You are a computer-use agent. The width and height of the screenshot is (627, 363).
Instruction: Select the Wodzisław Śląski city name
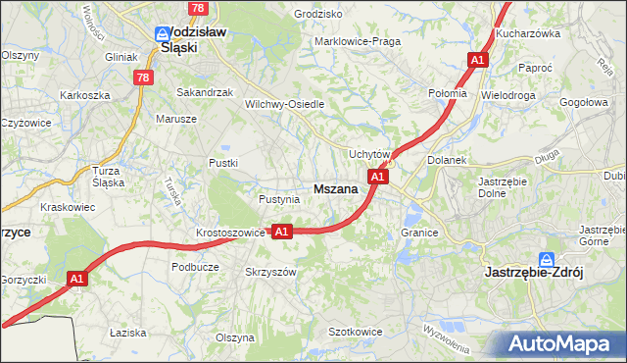coord(193,38)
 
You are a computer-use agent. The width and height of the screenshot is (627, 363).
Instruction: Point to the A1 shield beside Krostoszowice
coord(281,232)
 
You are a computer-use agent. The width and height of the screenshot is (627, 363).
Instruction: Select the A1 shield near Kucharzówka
coord(477,61)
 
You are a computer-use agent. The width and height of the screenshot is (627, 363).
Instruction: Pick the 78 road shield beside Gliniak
coord(144,78)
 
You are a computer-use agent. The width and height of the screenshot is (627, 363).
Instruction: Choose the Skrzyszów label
coord(270,272)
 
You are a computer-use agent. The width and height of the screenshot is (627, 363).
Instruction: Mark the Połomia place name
coord(448,92)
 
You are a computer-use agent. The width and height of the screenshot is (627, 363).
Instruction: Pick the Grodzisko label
coord(318,15)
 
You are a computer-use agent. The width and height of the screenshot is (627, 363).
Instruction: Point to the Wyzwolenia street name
coord(447,338)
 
